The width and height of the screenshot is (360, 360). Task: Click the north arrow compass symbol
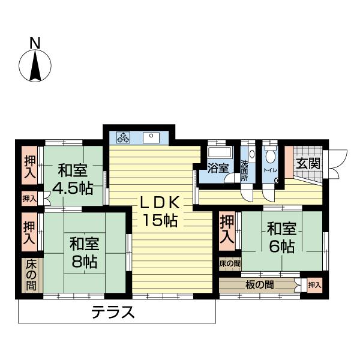point(35,65)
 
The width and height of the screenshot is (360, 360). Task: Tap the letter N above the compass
point(35,43)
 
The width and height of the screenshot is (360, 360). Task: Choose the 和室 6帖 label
point(281,237)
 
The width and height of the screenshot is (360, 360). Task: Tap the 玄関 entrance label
point(306,163)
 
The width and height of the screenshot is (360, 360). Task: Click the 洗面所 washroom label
point(245,170)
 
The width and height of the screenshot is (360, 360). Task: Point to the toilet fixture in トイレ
point(270,155)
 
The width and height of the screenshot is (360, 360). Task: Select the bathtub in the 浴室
point(217,151)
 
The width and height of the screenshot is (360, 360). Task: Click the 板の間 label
point(259,284)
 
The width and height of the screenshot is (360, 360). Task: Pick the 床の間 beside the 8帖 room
point(29,275)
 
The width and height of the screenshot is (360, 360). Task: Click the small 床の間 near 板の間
point(229,263)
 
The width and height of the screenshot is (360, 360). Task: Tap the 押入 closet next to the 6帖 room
point(226,230)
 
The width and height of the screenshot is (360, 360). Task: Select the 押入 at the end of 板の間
point(314,284)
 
